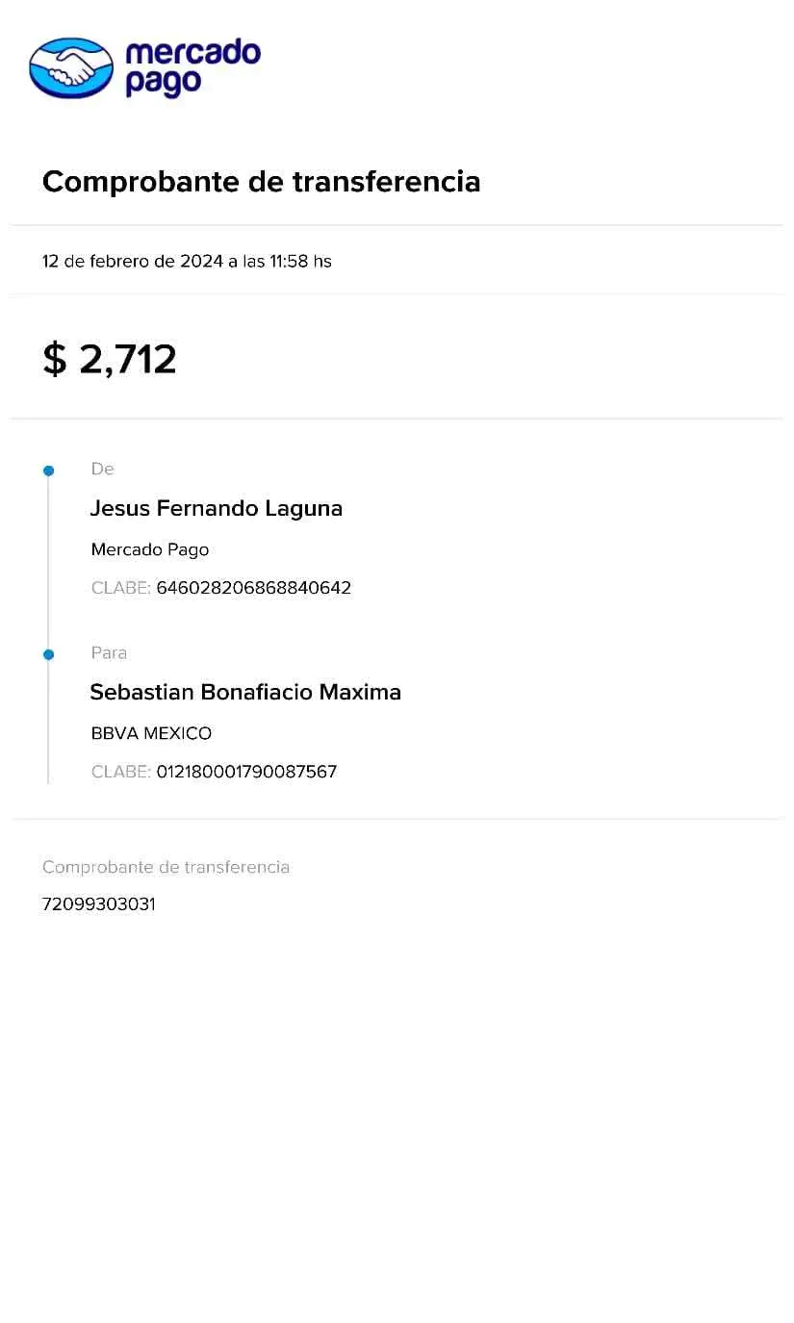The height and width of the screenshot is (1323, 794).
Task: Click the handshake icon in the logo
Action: [71, 68]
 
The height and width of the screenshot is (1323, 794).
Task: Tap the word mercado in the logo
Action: [193, 52]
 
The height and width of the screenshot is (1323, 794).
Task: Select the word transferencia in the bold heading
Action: [386, 181]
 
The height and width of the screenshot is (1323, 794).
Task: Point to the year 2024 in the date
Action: [201, 261]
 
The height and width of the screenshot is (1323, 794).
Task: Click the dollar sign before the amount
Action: [54, 359]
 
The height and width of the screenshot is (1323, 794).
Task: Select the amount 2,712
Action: [128, 359]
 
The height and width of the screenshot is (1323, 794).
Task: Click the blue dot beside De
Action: [49, 471]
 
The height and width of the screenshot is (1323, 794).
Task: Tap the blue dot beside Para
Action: [49, 654]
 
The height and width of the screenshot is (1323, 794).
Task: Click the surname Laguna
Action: [304, 509]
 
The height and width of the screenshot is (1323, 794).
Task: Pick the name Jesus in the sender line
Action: [120, 509]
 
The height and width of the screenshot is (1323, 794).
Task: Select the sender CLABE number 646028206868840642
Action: [254, 588]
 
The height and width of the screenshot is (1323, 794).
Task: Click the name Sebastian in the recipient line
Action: [141, 692]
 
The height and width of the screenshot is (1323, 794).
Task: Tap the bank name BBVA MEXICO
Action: [151, 733]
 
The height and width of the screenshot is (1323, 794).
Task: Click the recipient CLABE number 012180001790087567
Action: [247, 772]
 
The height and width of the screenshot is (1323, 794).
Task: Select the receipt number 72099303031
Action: [99, 904]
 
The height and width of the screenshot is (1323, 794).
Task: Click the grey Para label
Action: [110, 652]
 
